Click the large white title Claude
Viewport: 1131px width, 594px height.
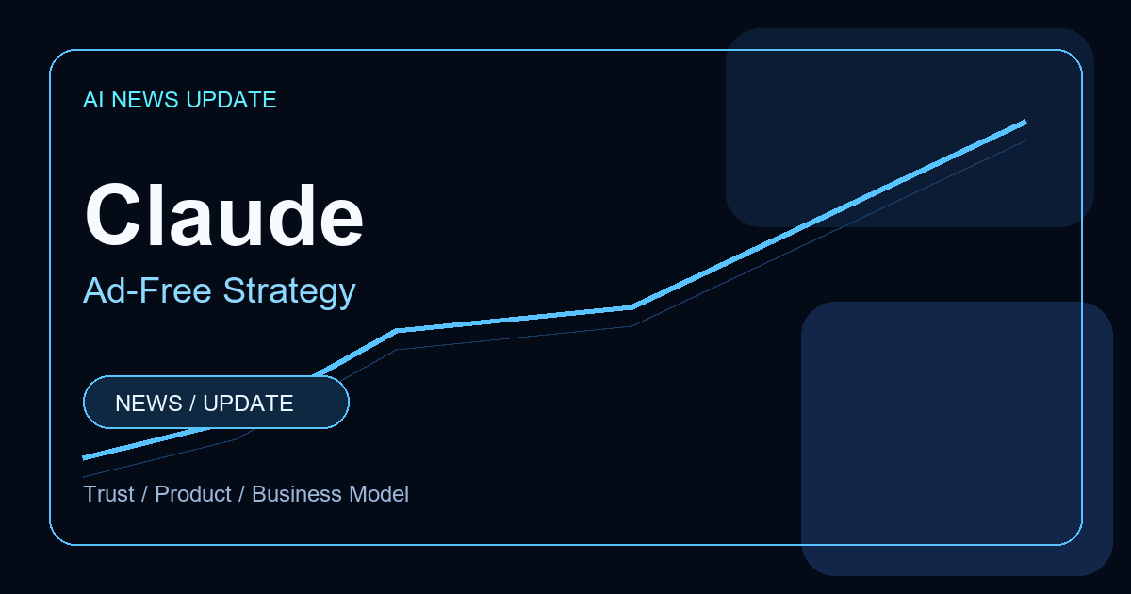click(224, 216)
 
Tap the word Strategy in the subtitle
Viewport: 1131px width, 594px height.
click(289, 292)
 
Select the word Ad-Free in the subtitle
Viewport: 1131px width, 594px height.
click(147, 290)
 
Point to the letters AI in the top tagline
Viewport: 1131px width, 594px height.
click(93, 100)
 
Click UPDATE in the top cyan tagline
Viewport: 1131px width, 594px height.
click(231, 100)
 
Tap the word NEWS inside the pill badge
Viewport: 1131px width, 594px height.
click(149, 404)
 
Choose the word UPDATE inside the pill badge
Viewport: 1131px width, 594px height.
click(248, 404)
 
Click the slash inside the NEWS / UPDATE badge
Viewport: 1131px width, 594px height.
click(192, 404)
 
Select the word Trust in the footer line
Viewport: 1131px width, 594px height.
click(108, 493)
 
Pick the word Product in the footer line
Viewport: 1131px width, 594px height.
click(193, 494)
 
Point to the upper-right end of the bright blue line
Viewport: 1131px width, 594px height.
click(1026, 122)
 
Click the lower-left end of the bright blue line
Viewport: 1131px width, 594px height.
click(83, 458)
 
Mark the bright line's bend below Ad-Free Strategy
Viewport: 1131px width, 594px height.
click(397, 330)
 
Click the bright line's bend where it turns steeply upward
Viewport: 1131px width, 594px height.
click(631, 307)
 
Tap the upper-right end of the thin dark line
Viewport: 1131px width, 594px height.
click(1026, 140)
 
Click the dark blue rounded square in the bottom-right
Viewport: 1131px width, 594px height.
click(957, 438)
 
